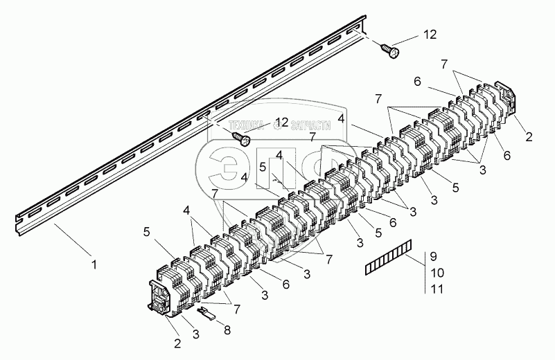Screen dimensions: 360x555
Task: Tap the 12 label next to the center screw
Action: click(x=281, y=123)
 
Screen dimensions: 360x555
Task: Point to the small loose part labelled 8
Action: click(x=205, y=313)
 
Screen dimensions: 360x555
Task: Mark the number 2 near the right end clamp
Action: click(x=529, y=136)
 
